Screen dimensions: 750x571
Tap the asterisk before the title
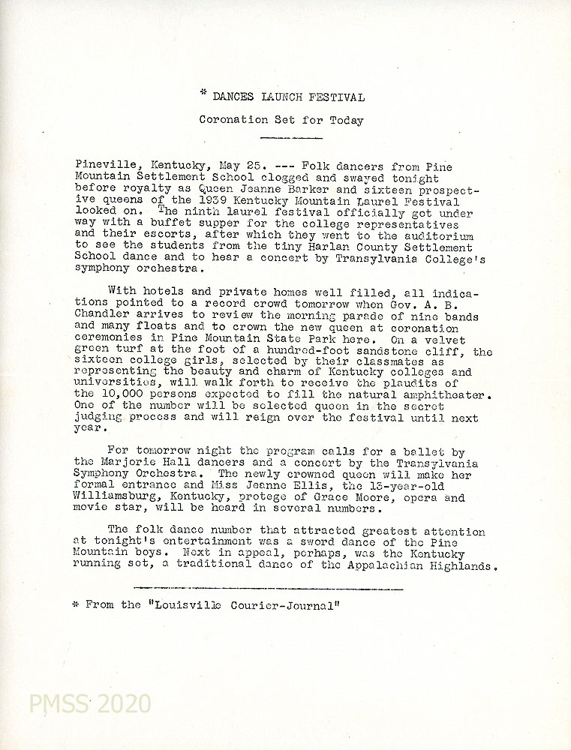[203, 94]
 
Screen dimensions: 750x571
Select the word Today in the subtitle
[347, 120]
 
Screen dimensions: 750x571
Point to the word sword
[299, 542]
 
